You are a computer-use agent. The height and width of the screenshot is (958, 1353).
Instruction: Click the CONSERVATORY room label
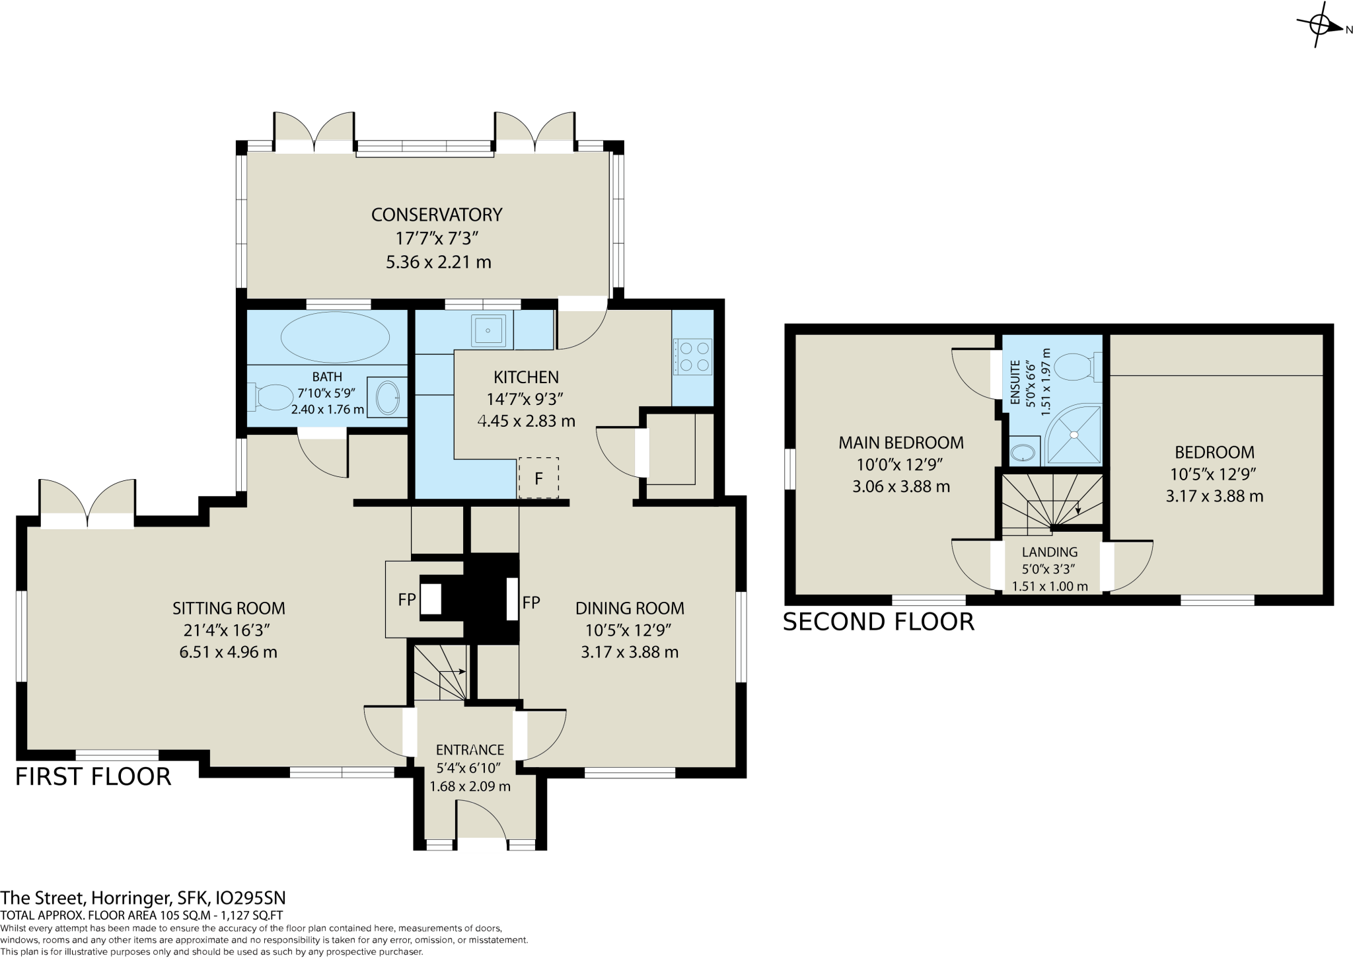436,215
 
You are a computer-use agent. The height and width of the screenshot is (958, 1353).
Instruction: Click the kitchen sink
491,331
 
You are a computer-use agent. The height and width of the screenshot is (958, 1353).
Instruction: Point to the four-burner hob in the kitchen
692,356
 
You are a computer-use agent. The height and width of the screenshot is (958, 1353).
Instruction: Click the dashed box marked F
538,478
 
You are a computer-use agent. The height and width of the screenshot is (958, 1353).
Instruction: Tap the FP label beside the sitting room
406,600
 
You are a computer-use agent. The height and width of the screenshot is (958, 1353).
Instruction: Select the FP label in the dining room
531,602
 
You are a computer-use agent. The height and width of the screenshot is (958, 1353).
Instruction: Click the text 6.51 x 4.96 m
228,653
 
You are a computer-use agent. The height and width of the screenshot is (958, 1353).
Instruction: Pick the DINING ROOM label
629,608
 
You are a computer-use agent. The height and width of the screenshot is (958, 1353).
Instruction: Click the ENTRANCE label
470,750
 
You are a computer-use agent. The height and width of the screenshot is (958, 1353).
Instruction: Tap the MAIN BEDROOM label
900,443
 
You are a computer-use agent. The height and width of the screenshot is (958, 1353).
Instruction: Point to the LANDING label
1049,552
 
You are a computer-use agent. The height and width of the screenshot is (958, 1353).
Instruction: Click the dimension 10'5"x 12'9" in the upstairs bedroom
1214,474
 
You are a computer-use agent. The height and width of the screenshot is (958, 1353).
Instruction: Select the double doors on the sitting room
87,505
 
